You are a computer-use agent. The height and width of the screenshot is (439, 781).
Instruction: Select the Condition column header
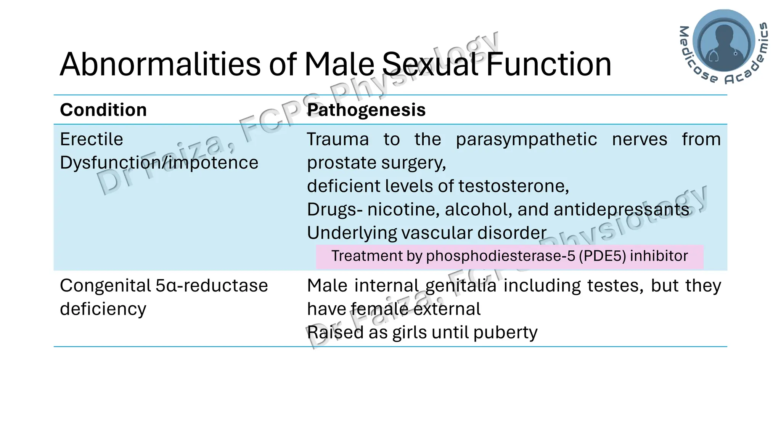tap(103, 110)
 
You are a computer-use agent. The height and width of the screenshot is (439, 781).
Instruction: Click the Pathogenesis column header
tap(366, 110)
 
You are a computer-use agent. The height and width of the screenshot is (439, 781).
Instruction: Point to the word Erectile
tap(92, 139)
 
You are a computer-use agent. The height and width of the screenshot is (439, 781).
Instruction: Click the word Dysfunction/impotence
tap(159, 163)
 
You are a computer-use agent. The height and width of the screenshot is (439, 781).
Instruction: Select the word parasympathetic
tap(526, 139)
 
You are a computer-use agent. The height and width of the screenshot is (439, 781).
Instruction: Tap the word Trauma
tap(338, 139)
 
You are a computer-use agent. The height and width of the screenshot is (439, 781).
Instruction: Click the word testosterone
tap(513, 186)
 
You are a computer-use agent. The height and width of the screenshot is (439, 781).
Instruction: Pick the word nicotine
tap(403, 209)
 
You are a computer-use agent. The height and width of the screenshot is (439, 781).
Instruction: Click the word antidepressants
tap(622, 209)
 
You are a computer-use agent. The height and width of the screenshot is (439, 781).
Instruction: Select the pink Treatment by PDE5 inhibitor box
tap(509, 256)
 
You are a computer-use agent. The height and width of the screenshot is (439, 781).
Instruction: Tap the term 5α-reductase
tap(212, 285)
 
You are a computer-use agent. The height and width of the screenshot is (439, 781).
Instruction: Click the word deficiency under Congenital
tap(103, 309)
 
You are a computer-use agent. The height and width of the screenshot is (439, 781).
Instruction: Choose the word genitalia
tap(461, 285)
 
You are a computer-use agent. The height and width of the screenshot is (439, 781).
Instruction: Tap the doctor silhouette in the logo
tap(723, 42)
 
